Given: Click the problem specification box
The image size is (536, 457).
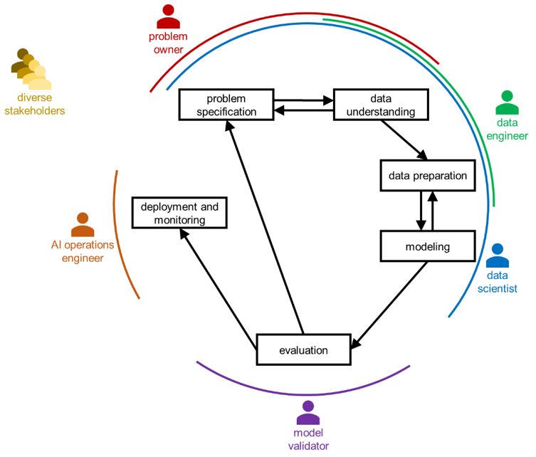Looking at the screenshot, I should tap(226, 105).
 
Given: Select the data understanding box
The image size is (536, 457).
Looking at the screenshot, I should tap(381, 105).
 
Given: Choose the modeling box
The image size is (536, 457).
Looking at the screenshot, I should tap(427, 247).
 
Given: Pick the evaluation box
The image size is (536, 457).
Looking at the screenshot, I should tap(303, 350).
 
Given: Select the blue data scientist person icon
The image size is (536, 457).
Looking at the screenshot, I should tap(497, 256).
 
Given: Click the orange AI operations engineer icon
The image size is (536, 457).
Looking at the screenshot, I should tap(83, 225).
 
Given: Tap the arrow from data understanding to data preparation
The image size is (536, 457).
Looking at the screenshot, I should tap(404, 140).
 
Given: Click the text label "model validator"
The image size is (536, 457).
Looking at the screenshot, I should tap(308, 439).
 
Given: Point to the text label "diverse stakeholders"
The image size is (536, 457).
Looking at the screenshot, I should tap(34, 104).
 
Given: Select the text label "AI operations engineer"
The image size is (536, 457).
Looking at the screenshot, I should tap(83, 251).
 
